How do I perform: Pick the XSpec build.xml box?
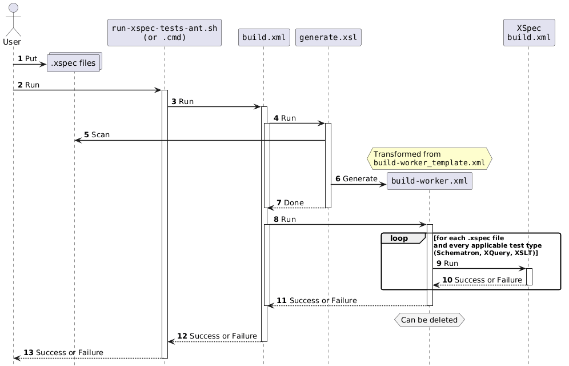(528, 33)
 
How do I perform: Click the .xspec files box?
(74, 63)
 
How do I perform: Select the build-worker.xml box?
(429, 181)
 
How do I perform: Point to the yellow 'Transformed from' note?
(429, 158)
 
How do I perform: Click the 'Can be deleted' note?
(429, 320)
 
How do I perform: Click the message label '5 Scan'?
(97, 134)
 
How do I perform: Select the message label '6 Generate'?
(356, 179)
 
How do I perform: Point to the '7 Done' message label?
(290, 202)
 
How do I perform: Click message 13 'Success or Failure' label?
(64, 352)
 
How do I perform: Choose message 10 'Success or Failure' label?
(482, 279)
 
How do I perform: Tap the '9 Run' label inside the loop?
(447, 263)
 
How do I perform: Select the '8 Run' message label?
(284, 219)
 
